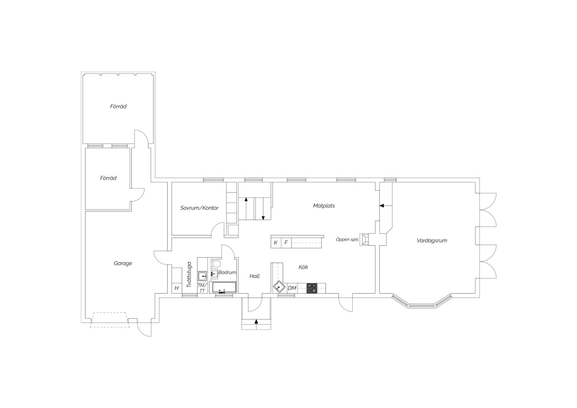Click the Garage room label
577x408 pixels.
pos(123,263)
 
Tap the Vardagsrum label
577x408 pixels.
pos(432,241)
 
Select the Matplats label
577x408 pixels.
pos(324,206)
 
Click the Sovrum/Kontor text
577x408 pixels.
pos(199,208)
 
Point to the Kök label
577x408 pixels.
pos(303,267)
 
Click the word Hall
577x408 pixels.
pos(254,276)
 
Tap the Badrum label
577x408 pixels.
pos(227,272)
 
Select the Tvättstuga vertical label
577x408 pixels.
pos(189,275)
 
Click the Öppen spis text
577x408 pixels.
pos(347,240)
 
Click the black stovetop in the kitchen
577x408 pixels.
pos(312,288)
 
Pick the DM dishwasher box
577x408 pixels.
pos(292,288)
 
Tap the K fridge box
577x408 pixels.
pos(276,243)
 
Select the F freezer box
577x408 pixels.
pos(286,243)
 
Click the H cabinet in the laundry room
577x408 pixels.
pos(177,288)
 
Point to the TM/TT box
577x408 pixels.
pos(202,288)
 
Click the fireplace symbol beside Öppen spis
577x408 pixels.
pos(364,239)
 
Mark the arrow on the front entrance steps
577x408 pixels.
pos(256,321)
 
